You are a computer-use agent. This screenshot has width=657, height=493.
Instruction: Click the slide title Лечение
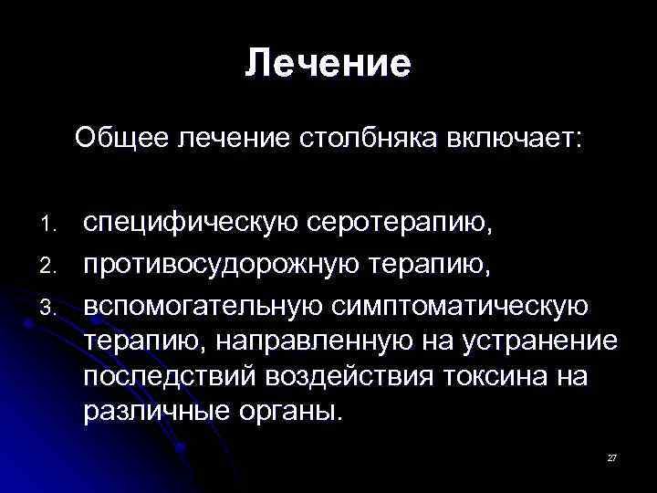(x=328, y=63)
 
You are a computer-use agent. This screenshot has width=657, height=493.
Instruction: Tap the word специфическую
(x=191, y=222)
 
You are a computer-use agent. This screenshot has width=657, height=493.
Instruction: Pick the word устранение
(x=538, y=343)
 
